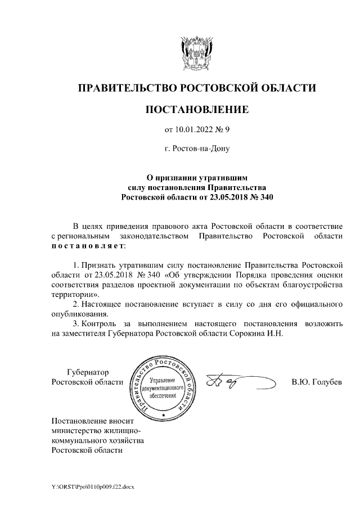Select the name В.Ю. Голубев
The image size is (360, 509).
[x=317, y=382]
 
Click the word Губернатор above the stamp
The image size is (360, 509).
[x=87, y=372]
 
